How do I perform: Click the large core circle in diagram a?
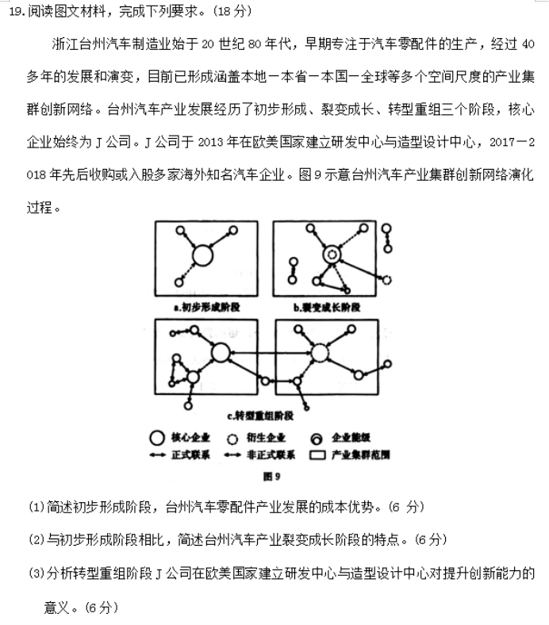click(202, 255)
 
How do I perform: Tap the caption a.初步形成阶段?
click(205, 307)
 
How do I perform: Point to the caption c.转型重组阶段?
click(259, 416)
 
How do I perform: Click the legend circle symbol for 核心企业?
click(156, 438)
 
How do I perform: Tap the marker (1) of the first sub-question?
click(36, 506)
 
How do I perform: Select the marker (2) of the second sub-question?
click(36, 539)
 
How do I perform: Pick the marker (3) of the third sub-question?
click(36, 573)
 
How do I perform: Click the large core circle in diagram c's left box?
click(220, 353)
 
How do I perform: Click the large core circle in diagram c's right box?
click(320, 353)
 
